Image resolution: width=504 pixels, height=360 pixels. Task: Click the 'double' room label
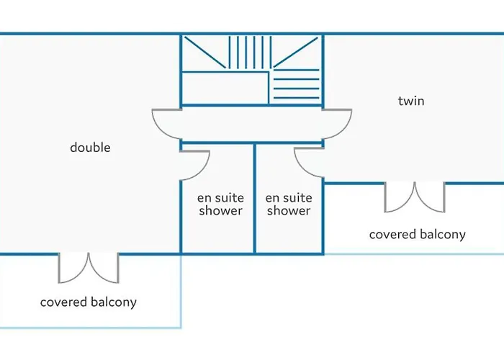click(x=90, y=148)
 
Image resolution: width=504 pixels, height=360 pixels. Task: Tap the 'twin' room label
click(x=411, y=101)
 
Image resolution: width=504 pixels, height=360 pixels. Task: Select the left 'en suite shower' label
click(x=220, y=204)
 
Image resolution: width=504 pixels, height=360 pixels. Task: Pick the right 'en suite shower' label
click(x=288, y=204)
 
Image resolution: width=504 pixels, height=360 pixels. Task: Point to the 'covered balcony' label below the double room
click(x=88, y=302)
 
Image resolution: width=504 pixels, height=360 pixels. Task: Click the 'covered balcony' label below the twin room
click(x=418, y=235)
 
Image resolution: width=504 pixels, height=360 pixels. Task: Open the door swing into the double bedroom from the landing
click(x=166, y=125)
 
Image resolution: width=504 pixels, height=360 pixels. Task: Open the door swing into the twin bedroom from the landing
click(x=337, y=125)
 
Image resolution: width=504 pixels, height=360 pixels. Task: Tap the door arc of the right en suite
click(x=308, y=163)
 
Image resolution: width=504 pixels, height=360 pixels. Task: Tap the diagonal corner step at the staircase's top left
click(x=204, y=53)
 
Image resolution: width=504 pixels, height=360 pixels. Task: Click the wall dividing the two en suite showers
click(x=255, y=198)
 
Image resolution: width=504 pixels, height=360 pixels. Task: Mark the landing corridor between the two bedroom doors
click(x=252, y=125)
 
